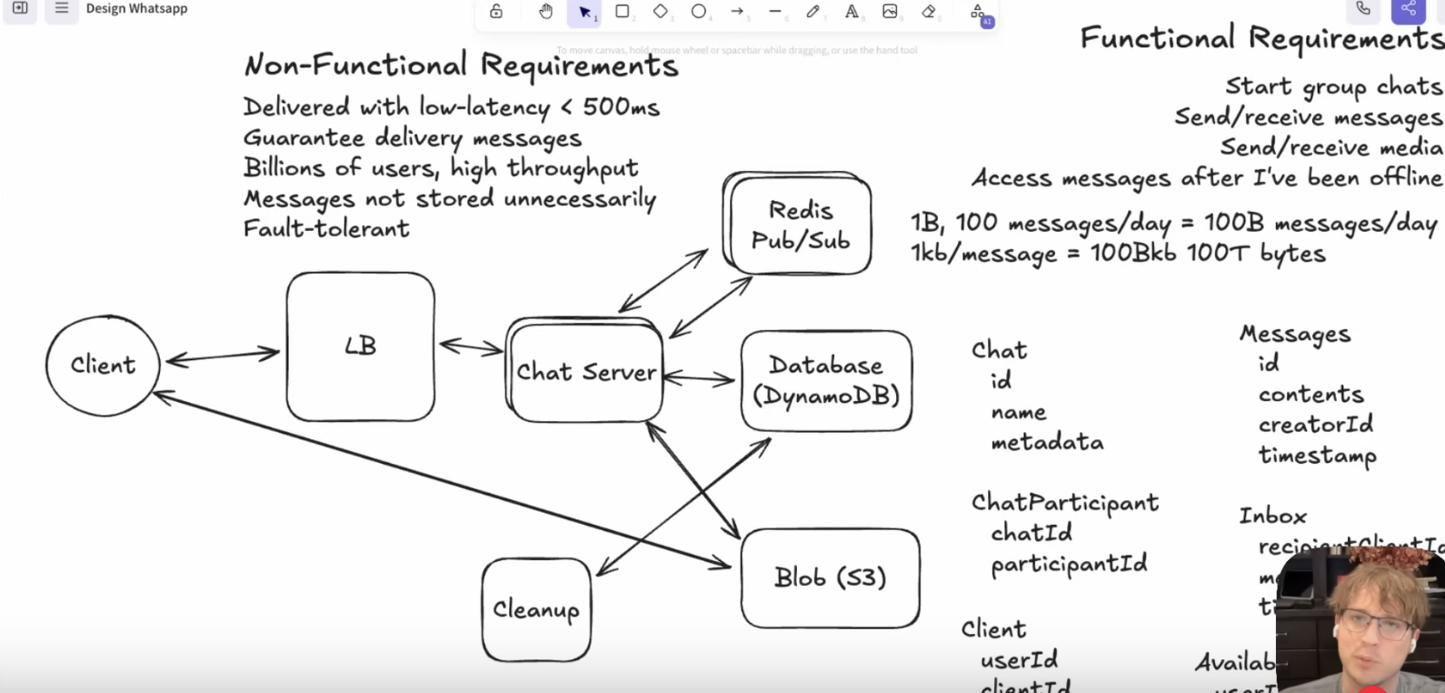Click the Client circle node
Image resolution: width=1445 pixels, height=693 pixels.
coord(103,366)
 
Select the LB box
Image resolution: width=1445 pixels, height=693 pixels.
coord(360,346)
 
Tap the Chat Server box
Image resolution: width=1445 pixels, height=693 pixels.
coord(586,372)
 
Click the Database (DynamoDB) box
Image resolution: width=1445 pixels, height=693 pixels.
coord(825,380)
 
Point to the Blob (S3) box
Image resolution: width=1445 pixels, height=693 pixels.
coord(830,577)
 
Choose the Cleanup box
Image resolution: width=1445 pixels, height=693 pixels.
coord(536,609)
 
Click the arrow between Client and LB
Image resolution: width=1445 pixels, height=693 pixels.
coord(223,357)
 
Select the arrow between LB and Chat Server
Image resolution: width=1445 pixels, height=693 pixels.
coord(471,346)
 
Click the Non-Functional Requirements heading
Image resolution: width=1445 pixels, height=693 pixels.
coord(461,65)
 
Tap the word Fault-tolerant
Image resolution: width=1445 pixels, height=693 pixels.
coord(326,228)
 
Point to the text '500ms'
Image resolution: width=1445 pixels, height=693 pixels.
coord(621,107)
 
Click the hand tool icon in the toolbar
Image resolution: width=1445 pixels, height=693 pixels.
coord(545,12)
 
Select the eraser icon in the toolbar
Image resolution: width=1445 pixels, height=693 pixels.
coord(928,12)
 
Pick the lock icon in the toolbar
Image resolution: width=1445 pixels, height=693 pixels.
coord(496,12)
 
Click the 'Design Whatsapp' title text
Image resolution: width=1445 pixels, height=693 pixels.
coord(136,9)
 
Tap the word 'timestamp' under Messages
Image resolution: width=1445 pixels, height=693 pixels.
coord(1317,455)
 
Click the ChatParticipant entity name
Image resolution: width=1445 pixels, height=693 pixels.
coord(1064,503)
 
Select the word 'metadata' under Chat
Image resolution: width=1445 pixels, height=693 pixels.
coord(1047,443)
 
